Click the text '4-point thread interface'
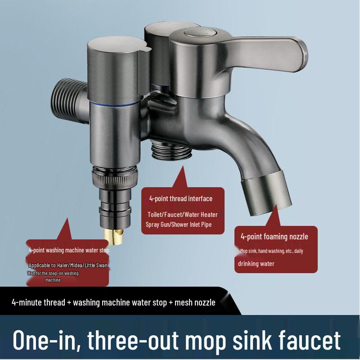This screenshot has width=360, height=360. click(x=181, y=198)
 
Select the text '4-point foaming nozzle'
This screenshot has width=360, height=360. click(x=274, y=236)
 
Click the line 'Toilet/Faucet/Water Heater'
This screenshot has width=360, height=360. click(x=183, y=215)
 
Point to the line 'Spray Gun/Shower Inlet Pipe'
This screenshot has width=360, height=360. click(x=179, y=225)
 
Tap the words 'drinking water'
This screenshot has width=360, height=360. click(x=256, y=264)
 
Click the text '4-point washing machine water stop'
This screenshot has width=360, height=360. click(x=68, y=250)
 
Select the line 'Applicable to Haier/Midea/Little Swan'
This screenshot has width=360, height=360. click(x=68, y=266)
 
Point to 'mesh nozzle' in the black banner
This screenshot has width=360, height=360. click(x=195, y=302)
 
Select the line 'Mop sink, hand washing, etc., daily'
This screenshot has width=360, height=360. click(x=271, y=251)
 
